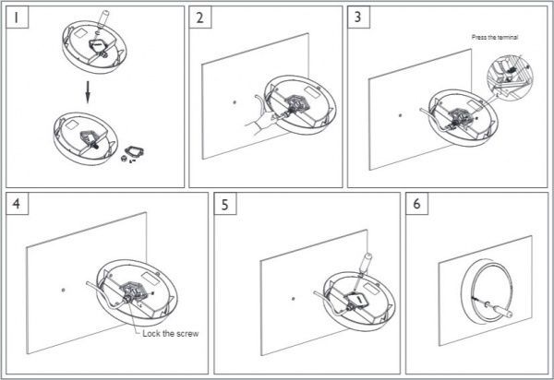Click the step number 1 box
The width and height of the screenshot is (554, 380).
17,17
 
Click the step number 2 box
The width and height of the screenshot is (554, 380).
200,17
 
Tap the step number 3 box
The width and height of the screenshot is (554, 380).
358,17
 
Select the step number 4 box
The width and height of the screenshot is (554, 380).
17,204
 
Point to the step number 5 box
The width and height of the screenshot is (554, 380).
225,204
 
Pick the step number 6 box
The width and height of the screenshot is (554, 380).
417,204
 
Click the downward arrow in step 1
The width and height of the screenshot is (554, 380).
88,92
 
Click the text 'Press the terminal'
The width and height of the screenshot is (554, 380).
495,37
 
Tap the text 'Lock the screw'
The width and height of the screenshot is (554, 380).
171,334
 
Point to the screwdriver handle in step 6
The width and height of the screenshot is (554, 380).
501,310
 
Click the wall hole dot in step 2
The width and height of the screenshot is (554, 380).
235,102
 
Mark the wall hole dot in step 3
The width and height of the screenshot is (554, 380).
400,115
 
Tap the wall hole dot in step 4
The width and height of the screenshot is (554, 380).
63,290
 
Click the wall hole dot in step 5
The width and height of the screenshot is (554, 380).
293,299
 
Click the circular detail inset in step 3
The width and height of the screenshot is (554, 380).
510,75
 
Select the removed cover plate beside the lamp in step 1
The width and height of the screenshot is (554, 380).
134,152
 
